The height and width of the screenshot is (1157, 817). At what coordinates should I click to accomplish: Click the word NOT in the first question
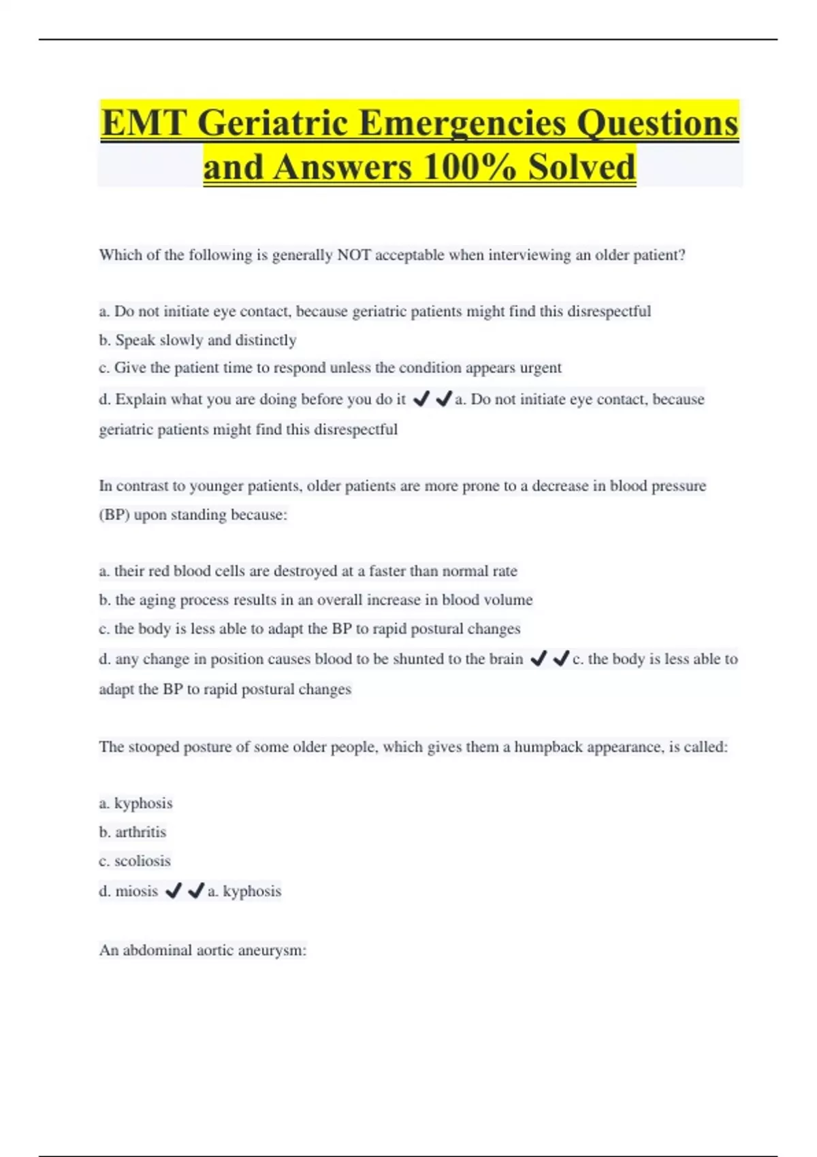[x=354, y=255]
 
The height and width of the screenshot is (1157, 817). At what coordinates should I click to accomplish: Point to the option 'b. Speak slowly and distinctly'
[x=197, y=340]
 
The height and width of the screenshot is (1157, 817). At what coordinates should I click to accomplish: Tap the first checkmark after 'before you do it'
[x=421, y=399]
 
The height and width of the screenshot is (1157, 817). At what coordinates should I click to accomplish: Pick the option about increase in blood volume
[x=315, y=600]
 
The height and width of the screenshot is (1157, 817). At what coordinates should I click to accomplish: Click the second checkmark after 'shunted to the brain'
[x=561, y=658]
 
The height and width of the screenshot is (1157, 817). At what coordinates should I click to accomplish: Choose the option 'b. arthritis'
[x=132, y=832]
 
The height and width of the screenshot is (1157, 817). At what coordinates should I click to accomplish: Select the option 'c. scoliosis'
[x=135, y=861]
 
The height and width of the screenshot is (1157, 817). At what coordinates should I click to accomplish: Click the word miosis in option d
[x=136, y=891]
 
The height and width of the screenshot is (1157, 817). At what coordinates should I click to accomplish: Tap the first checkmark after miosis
[x=174, y=890]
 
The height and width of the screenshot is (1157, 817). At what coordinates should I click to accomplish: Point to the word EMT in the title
[x=144, y=123]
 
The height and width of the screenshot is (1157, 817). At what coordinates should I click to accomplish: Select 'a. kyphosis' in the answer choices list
[x=135, y=803]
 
